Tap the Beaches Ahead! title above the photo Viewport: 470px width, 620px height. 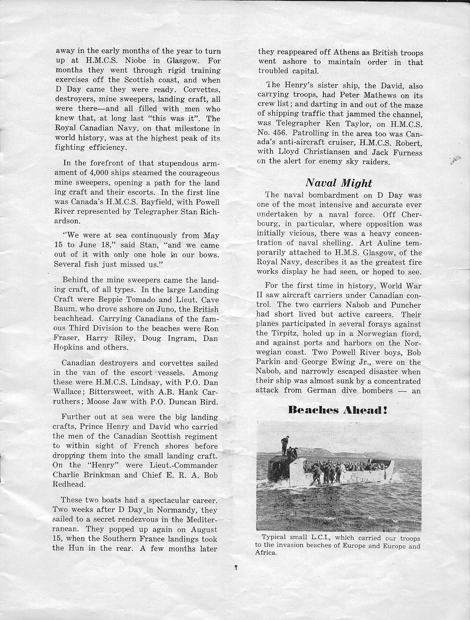tap(337, 410)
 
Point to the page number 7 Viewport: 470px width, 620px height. tap(236, 568)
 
